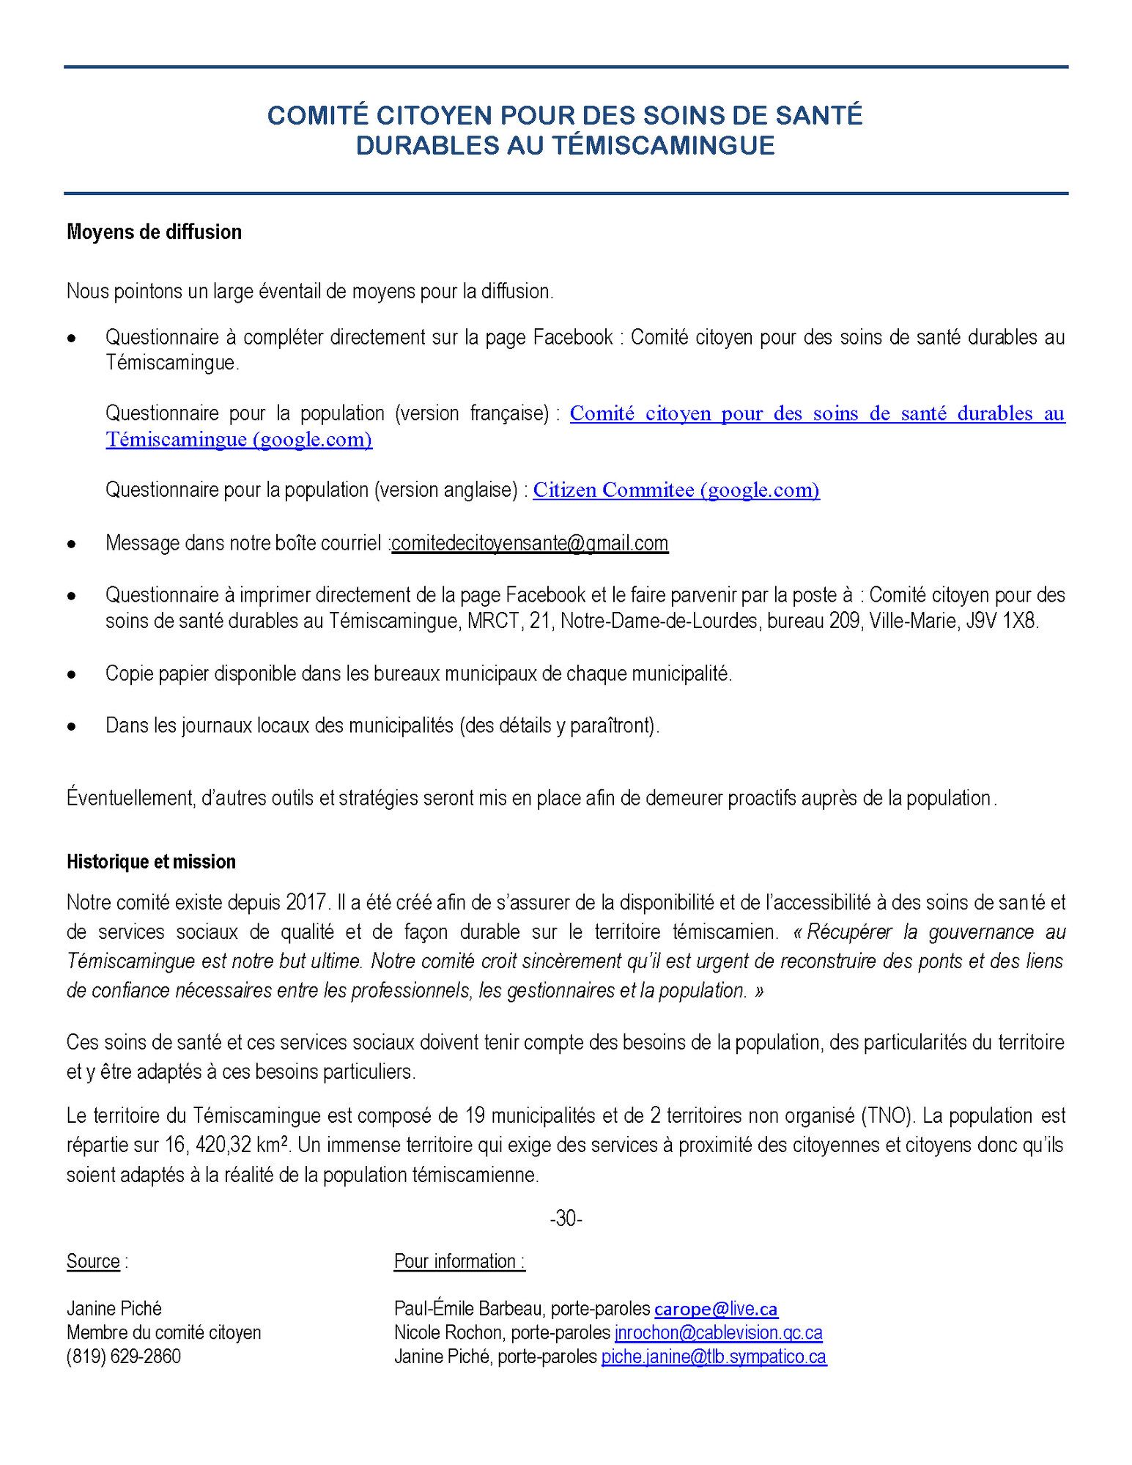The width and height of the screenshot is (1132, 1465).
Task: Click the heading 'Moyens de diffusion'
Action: point(154,232)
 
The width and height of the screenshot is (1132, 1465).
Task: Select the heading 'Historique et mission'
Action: point(151,862)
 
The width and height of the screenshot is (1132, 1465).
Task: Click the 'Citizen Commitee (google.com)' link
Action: point(676,490)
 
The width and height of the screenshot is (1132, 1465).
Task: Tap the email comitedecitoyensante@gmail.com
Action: point(530,543)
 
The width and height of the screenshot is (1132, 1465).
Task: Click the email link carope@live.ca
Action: point(716,1309)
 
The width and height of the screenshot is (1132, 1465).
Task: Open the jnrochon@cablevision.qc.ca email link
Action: point(718,1332)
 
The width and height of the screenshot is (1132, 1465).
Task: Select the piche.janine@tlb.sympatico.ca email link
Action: point(714,1357)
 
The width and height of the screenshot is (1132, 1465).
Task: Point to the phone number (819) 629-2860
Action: point(124,1357)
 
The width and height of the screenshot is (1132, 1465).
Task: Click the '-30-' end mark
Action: point(566,1219)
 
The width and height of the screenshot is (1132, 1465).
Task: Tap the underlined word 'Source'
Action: point(93,1261)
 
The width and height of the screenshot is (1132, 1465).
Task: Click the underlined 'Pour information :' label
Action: point(459,1261)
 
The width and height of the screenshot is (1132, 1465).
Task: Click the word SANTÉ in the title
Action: point(817,116)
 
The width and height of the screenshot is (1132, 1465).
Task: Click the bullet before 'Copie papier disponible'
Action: point(72,675)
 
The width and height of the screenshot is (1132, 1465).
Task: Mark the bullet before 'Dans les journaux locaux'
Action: point(72,727)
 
